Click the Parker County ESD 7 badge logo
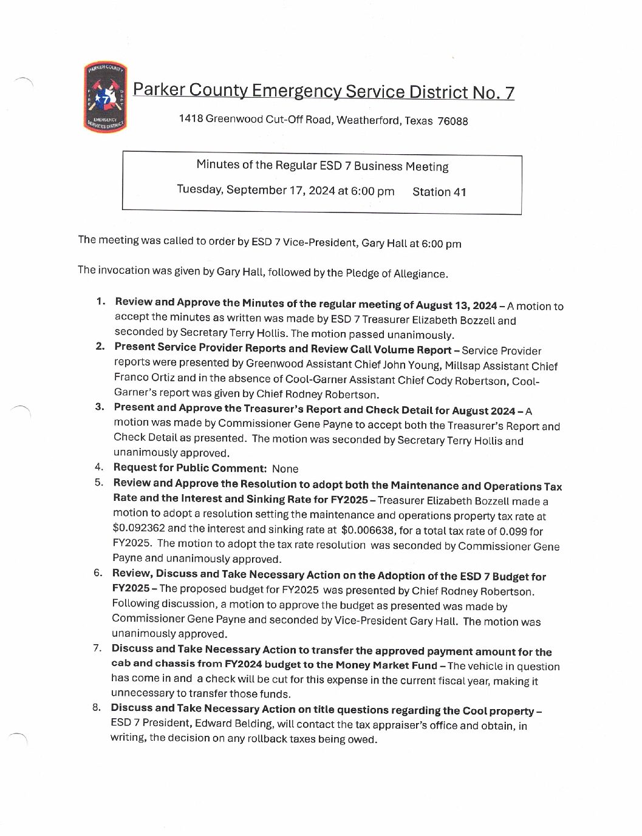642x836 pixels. (x=105, y=97)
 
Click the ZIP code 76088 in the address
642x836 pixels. (x=452, y=121)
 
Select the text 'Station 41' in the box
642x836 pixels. (x=439, y=192)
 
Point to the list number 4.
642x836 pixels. (x=98, y=467)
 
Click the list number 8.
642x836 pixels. (x=97, y=707)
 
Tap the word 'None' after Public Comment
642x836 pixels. (x=285, y=469)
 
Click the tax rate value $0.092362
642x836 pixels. (x=138, y=528)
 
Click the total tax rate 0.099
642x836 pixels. (x=513, y=532)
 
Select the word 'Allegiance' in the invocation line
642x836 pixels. (x=420, y=274)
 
